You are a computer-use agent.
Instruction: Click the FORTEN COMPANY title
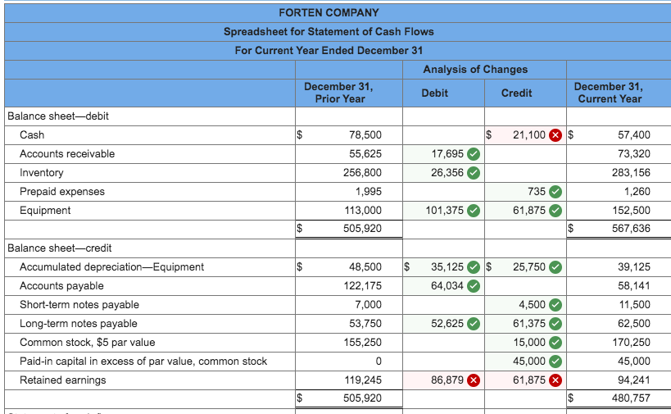pos(329,12)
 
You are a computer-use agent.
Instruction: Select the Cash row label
pos(32,134)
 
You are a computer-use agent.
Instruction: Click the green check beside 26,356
pos(474,172)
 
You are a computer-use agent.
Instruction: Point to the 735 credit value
pos(536,191)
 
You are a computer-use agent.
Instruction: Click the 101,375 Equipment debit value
pos(444,210)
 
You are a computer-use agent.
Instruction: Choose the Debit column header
pos(434,93)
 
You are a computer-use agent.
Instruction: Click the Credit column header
pos(516,93)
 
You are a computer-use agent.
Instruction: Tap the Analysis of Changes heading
pos(475,69)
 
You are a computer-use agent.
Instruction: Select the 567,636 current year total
pos(630,228)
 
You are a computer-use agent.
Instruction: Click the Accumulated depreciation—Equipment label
pos(111,266)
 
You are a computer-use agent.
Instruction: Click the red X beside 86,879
pos(474,380)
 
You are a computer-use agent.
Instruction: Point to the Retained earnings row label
pos(62,380)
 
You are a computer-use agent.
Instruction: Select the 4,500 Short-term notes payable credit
pos(532,304)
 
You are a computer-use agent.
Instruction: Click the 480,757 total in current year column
pos(630,398)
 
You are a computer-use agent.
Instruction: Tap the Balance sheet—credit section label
pos(59,248)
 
